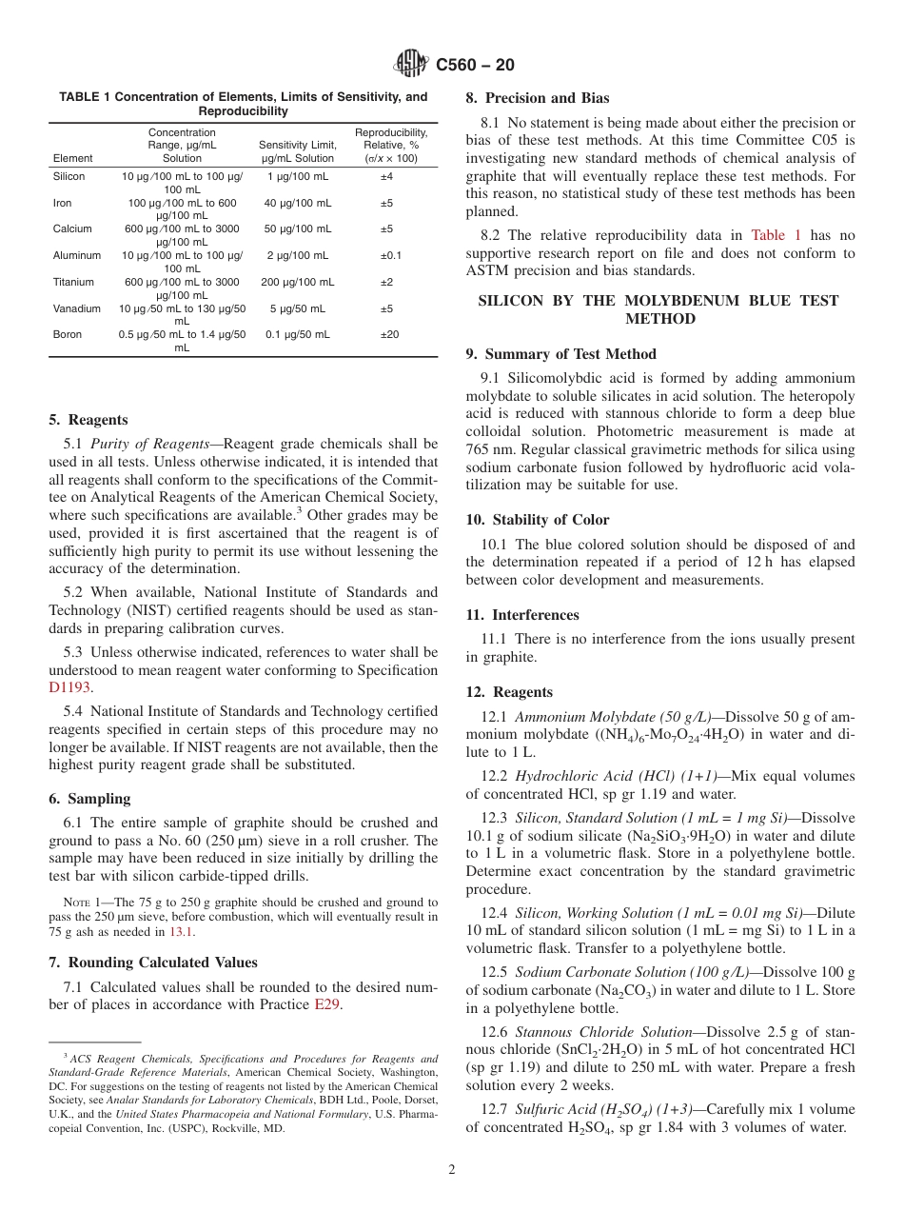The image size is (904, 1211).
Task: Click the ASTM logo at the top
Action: click(411, 65)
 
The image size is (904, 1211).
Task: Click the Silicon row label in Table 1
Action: click(69, 177)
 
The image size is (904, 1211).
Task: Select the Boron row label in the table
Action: click(67, 335)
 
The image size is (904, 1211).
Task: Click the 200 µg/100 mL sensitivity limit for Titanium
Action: click(297, 283)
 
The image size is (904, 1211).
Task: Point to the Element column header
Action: click(73, 158)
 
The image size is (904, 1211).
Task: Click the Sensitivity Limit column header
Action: click(297, 151)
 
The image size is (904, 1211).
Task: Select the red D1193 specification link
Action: click(69, 687)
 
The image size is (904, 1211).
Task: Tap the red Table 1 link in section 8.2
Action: click(776, 235)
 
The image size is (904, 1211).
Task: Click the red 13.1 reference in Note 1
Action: click(180, 932)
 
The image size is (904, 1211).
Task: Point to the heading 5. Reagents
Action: click(88, 420)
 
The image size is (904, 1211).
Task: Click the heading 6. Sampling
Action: click(89, 799)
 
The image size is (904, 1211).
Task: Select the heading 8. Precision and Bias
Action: click(537, 98)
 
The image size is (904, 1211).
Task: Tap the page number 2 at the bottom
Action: click(452, 1170)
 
